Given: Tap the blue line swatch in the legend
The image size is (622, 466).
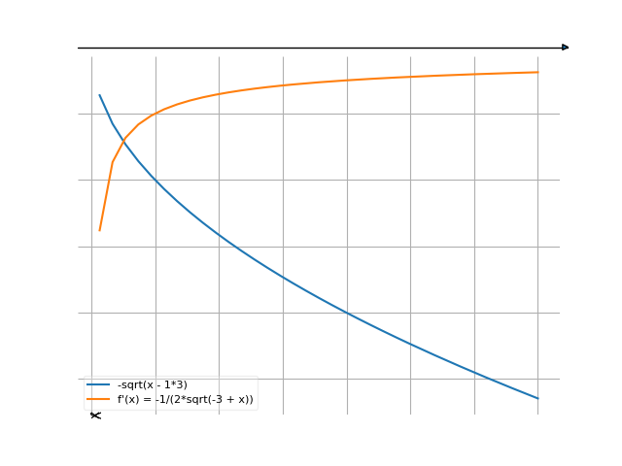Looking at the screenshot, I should tap(98, 385).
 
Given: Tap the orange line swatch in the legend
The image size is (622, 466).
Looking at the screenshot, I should tap(98, 399).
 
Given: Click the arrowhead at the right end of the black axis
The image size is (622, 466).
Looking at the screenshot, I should tap(566, 48).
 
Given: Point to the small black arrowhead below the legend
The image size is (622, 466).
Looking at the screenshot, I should tap(95, 416).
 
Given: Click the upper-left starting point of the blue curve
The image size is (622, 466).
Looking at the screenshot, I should tap(99, 94).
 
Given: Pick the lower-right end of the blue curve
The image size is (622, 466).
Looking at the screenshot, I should tap(537, 398).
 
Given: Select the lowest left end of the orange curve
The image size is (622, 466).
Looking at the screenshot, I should tap(99, 231).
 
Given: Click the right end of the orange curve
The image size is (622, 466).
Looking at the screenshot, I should tap(537, 72).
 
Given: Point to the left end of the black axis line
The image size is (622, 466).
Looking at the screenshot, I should tap(79, 48).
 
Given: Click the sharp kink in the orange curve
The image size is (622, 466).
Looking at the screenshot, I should tap(113, 163).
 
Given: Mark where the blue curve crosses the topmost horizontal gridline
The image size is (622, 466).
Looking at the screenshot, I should tap(108, 114).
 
